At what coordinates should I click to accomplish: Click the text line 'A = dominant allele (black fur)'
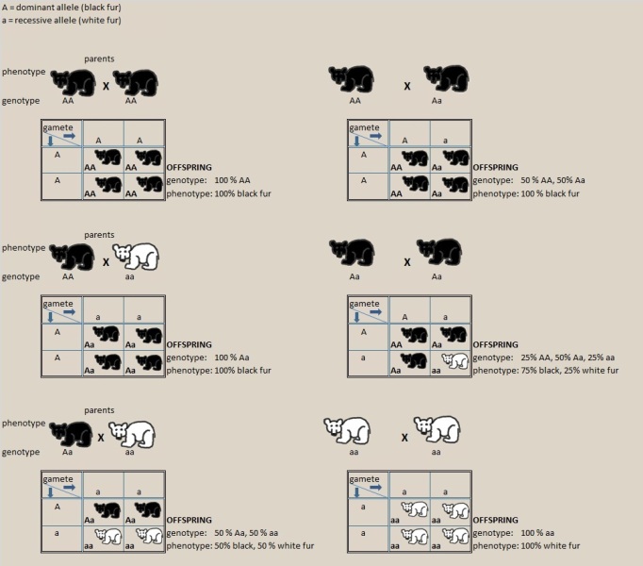tap(61, 8)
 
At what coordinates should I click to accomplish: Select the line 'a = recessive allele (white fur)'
tap(61, 20)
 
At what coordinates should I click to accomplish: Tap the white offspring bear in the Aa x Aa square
tap(454, 360)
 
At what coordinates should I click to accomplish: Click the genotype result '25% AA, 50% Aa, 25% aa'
tap(568, 358)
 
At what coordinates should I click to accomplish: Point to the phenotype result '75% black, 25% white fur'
tap(569, 371)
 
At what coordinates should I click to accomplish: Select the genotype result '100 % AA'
tap(232, 180)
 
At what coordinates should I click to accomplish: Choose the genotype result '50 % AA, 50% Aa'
tap(552, 180)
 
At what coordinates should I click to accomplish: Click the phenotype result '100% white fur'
tap(551, 546)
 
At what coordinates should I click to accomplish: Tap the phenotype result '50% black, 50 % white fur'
tap(264, 546)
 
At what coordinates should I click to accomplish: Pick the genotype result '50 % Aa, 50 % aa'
tap(246, 533)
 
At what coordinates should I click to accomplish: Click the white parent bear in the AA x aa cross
tap(136, 257)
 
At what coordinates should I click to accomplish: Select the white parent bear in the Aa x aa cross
tap(133, 434)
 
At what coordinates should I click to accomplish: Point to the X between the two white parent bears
tap(404, 438)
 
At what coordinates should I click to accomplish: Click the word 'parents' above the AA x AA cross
tap(99, 59)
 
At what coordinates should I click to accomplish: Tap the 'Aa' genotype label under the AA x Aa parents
tap(437, 101)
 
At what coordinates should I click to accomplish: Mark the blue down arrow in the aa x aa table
tap(356, 492)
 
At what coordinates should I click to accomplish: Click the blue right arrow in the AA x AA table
tap(70, 136)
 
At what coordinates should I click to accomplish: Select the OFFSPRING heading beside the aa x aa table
tap(495, 520)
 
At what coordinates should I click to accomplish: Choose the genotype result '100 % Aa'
tap(232, 358)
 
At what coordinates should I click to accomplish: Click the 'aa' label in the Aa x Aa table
tap(436, 371)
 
